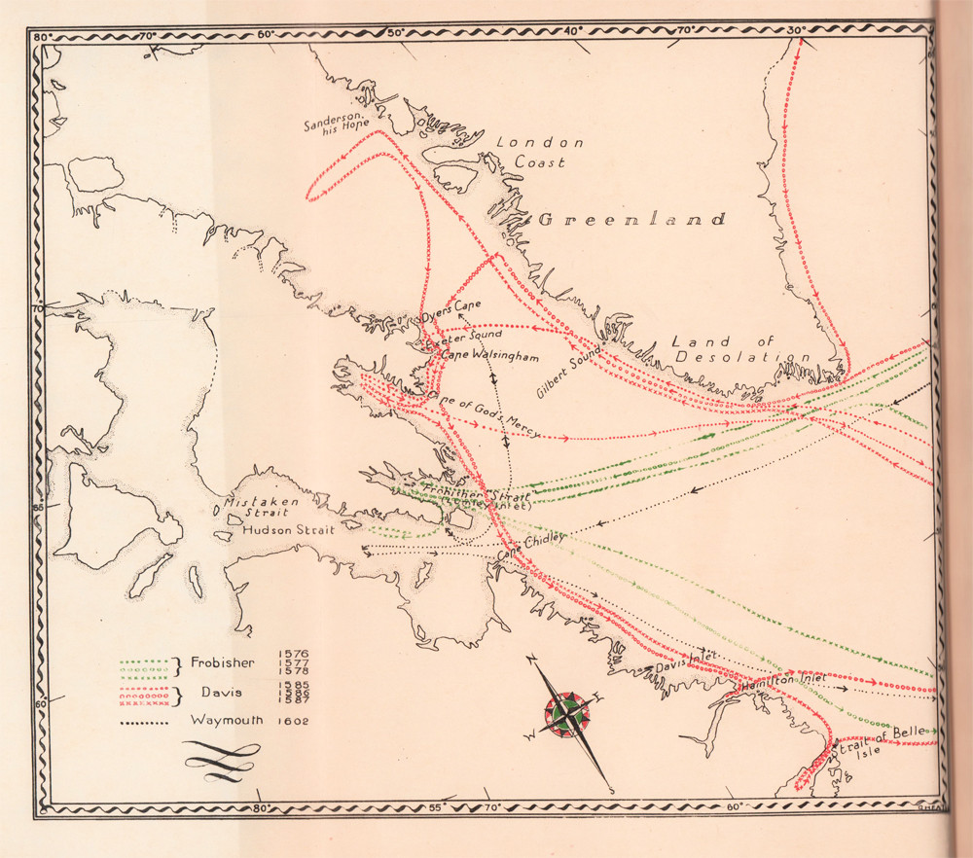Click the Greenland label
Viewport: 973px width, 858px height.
(632, 220)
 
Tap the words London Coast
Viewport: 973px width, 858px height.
(540, 153)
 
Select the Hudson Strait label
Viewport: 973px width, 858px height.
(288, 531)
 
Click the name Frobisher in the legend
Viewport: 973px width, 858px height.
(223, 663)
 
